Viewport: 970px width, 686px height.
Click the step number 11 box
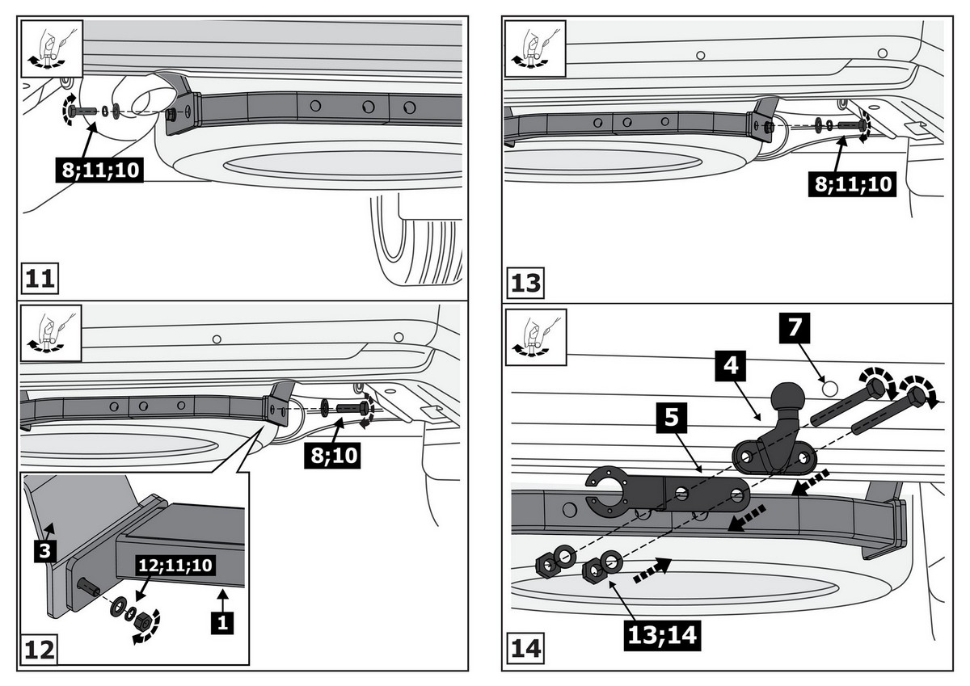click(x=39, y=280)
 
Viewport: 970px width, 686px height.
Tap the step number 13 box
click(x=525, y=284)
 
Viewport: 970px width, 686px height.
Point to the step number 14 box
click(x=525, y=649)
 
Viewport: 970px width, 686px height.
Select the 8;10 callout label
click(x=331, y=456)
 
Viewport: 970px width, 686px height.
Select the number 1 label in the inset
click(x=223, y=623)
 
